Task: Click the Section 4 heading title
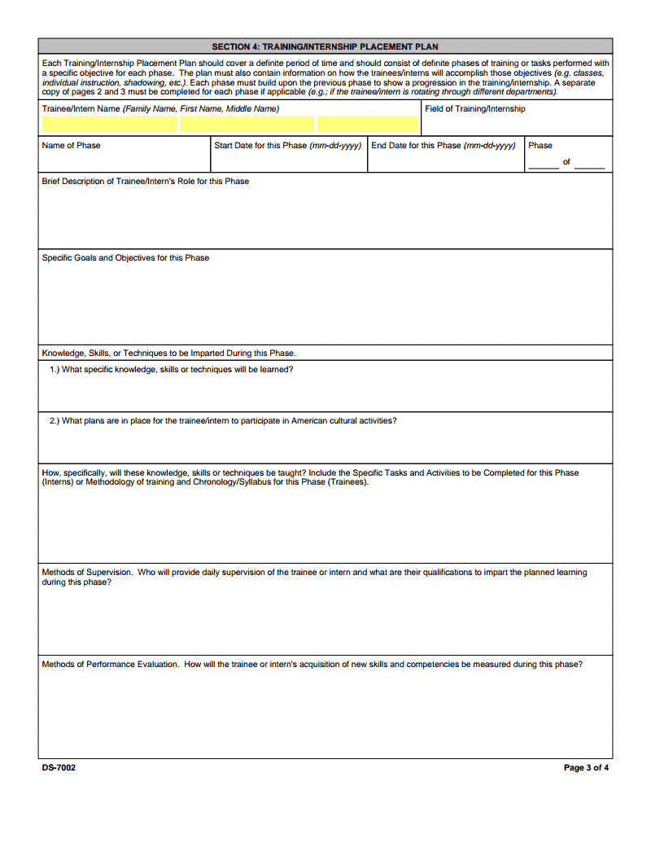325,46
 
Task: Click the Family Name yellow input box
109,125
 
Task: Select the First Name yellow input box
247,125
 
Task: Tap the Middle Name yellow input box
367,125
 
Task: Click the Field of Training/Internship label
475,109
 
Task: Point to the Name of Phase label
72,146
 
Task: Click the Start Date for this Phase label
287,146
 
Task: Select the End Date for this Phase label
443,146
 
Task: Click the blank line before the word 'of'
544,166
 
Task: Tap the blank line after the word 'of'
589,166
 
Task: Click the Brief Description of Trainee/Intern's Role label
146,182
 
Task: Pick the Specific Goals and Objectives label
125,258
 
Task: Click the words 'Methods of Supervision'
87,573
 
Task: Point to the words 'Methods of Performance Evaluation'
110,665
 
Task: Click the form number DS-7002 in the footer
59,767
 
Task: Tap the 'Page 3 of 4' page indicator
586,767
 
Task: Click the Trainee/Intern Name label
160,109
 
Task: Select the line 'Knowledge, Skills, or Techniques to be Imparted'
168,353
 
